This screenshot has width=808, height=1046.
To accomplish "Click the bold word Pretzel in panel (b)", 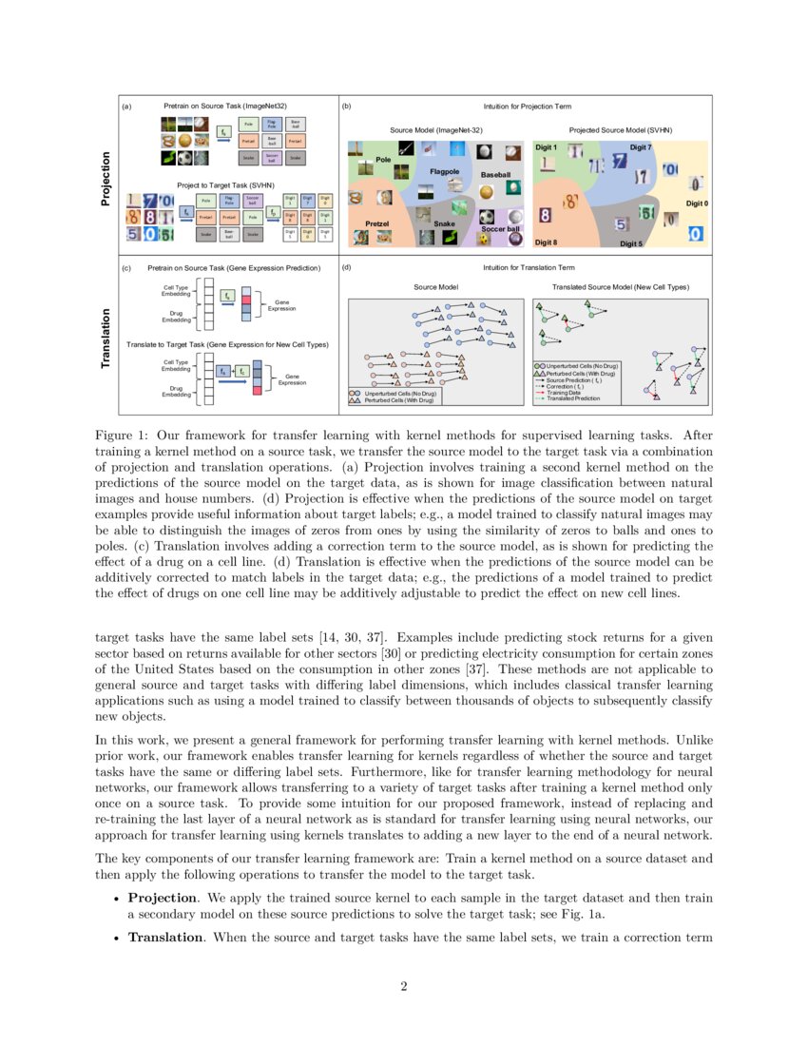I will pos(378,223).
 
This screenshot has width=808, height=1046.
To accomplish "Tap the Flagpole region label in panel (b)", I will pos(445,171).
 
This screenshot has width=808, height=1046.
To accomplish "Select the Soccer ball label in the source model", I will pos(500,229).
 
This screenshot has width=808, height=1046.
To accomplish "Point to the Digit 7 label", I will pos(641,147).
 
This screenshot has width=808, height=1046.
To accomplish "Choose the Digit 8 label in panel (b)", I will pos(546,242).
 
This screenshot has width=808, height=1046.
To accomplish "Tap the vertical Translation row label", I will pos(106,339).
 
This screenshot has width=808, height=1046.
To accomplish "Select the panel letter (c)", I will pos(126,268).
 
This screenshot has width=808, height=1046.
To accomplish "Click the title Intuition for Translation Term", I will pos(528,268).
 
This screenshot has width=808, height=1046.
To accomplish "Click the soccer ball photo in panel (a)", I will pos(186,159).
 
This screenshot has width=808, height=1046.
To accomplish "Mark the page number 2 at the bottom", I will pos(404,986).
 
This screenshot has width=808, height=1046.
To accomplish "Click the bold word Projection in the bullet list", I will pos(161,898).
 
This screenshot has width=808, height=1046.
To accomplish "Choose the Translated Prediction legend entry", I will pos(573,398).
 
